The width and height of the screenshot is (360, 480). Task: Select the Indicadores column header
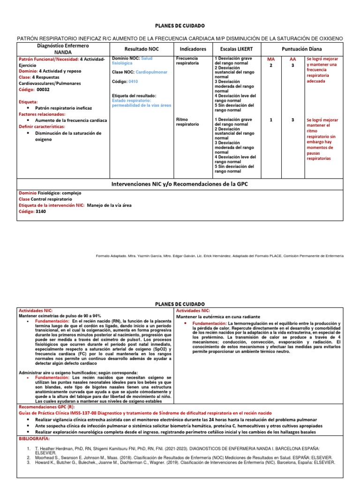(193, 49)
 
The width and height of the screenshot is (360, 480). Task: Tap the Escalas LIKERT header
(234, 49)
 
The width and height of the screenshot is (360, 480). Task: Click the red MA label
(270, 60)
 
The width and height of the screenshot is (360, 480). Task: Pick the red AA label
(292, 60)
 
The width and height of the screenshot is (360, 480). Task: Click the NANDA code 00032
(43, 89)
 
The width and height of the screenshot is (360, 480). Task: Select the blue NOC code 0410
(134, 81)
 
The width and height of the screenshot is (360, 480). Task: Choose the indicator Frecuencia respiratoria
(187, 60)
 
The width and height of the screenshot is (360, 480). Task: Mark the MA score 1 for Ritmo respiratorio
(270, 120)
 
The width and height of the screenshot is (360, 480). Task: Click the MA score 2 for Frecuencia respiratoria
(270, 66)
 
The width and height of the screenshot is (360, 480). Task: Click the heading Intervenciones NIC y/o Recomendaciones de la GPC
(179, 184)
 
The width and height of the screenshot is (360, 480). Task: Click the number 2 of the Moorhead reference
(29, 456)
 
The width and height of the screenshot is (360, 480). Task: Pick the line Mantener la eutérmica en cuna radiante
(217, 317)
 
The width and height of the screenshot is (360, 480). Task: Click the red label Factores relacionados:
(42, 114)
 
